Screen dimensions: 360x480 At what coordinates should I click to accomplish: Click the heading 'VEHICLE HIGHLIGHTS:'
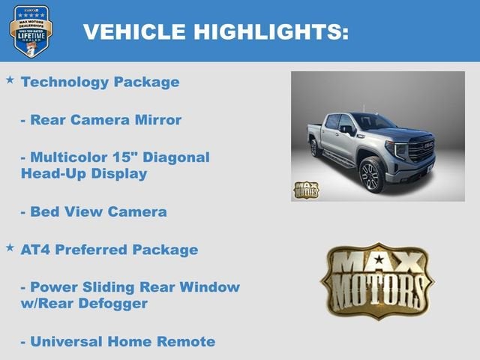[215, 31]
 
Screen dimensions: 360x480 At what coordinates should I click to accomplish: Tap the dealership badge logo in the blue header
[31, 31]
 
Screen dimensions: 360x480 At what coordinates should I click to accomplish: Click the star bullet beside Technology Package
[10, 79]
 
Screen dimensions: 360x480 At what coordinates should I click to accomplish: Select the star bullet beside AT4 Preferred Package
[10, 247]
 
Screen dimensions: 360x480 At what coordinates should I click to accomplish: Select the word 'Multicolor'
[67, 157]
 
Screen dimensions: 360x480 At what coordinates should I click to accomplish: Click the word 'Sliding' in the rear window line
[112, 287]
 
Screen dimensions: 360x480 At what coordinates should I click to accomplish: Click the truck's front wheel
[371, 174]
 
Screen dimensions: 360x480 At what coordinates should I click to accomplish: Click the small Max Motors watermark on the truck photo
[305, 190]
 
